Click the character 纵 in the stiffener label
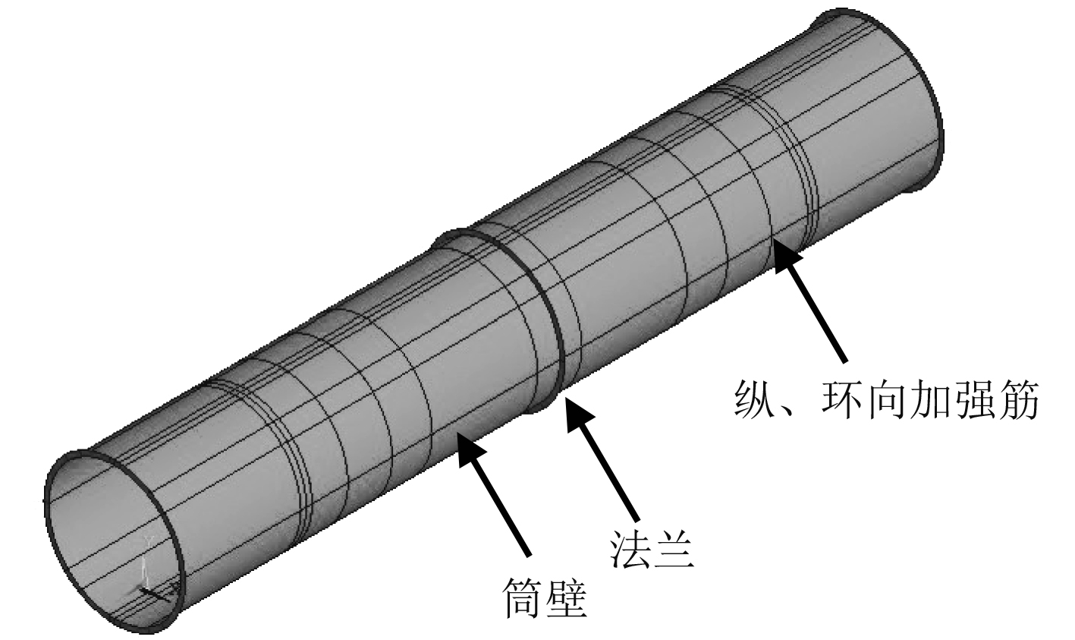(755, 399)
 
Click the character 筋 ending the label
(1018, 399)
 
